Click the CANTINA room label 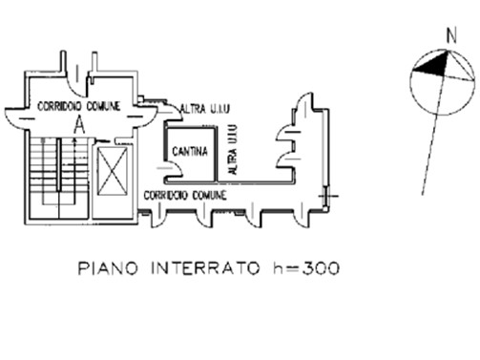click(x=190, y=151)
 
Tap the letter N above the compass click(x=451, y=35)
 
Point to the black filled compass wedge click(x=432, y=65)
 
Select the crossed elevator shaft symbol click(x=112, y=171)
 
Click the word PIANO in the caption click(x=108, y=268)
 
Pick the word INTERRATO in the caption click(x=205, y=268)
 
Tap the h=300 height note click(x=306, y=268)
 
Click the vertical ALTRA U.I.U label click(x=233, y=149)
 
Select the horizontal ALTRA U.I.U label click(x=204, y=109)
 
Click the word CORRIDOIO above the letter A click(x=59, y=106)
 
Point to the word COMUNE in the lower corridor click(x=210, y=195)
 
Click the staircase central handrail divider click(x=59, y=164)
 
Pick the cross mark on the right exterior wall click(x=328, y=196)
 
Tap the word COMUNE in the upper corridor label click(x=103, y=106)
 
